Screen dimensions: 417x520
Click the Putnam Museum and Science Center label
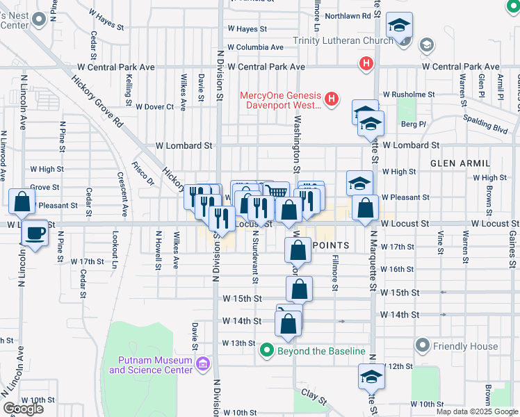[150, 365]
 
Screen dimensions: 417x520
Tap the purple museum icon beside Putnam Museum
[203, 364]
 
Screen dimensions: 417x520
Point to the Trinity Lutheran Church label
[343, 41]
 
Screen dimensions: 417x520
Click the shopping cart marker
[277, 190]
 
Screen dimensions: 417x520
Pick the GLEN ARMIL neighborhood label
[455, 163]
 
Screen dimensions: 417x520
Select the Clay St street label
[314, 396]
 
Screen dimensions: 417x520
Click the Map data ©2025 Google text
[477, 411]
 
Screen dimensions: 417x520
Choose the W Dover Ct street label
[154, 107]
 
